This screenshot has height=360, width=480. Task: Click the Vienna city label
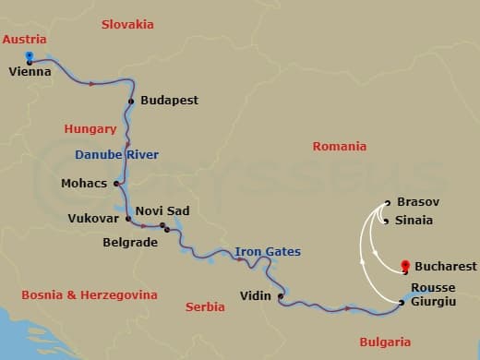tap(30, 70)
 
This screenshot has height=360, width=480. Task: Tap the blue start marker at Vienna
tap(30, 56)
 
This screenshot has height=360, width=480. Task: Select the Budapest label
tap(170, 100)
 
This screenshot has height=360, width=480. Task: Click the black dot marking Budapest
tap(132, 101)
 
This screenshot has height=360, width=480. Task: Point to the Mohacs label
tap(84, 183)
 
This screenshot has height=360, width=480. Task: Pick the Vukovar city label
tap(94, 219)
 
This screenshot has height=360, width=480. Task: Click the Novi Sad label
tap(162, 210)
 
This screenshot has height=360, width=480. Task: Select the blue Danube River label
tap(116, 154)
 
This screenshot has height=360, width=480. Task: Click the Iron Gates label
tap(268, 251)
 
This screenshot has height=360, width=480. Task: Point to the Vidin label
tap(255, 296)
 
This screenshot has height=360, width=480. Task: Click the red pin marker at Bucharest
tap(405, 266)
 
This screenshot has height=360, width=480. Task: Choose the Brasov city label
tap(417, 201)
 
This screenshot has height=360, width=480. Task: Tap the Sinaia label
tap(414, 221)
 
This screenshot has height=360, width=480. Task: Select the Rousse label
tap(433, 287)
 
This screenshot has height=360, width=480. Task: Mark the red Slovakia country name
tap(127, 24)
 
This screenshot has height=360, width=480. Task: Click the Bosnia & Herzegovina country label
tap(89, 294)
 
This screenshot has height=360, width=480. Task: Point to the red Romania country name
tap(339, 146)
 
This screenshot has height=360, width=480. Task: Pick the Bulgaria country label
tap(385, 342)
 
